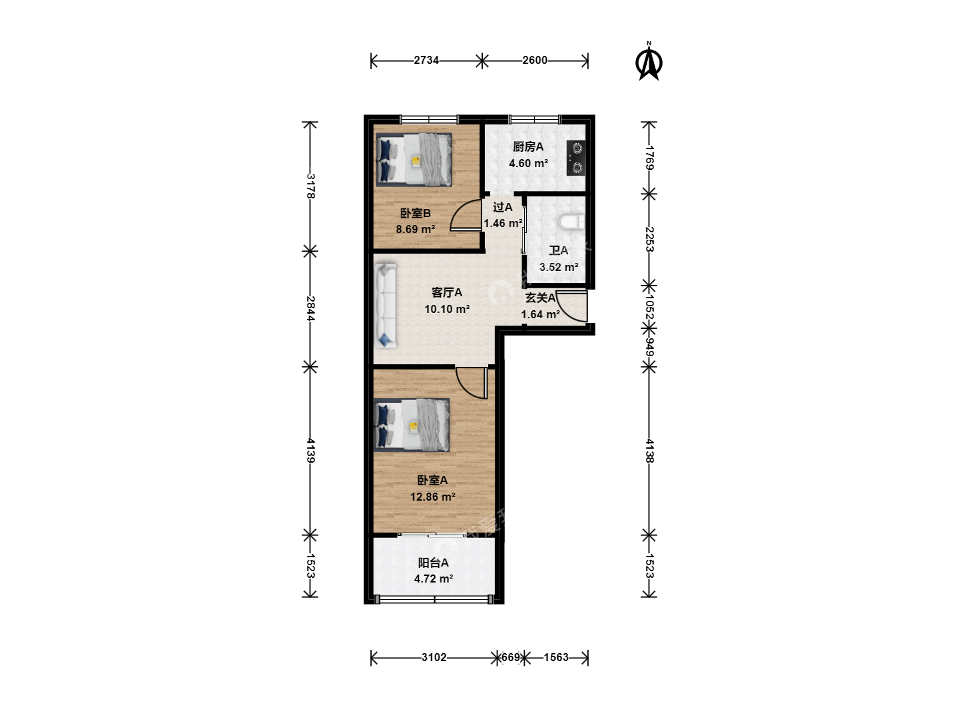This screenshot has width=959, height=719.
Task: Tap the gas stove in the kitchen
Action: [x=576, y=158]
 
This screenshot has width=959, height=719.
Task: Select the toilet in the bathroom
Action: [x=571, y=222]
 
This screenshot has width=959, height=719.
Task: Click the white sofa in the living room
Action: [x=385, y=306]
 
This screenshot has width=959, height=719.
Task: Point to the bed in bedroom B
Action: [x=414, y=160]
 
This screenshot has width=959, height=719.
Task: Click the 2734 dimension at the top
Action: [x=426, y=60]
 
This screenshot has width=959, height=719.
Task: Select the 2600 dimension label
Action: [x=535, y=60]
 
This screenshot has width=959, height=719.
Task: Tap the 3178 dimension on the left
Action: [x=310, y=186]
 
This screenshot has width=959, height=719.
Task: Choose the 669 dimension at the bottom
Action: [x=510, y=658]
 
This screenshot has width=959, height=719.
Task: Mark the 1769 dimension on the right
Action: [x=649, y=158]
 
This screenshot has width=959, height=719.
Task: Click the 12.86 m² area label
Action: [x=432, y=497]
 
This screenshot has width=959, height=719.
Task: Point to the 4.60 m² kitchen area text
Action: [x=528, y=163]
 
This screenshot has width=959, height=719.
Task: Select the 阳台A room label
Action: [x=433, y=563]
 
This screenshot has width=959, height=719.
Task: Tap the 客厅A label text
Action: [x=446, y=292]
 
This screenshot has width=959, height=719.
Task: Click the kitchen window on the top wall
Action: [x=534, y=119]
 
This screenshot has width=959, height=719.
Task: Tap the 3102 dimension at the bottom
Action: [x=434, y=658]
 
